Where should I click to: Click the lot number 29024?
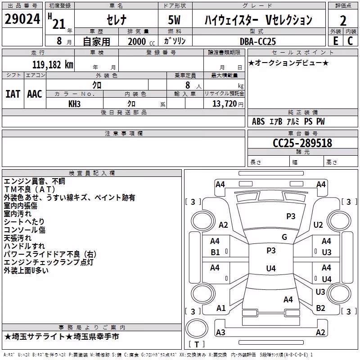[22, 19]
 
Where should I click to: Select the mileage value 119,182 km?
[53, 65]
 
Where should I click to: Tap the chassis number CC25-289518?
[302, 143]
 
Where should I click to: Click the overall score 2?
[343, 21]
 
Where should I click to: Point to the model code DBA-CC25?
[257, 41]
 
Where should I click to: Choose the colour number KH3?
[74, 104]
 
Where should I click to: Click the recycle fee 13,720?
[224, 104]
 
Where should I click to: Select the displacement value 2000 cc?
[141, 41]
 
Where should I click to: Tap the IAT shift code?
[13, 94]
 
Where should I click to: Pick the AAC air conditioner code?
[35, 94]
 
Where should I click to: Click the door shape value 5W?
[174, 20]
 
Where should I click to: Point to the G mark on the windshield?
[284, 237]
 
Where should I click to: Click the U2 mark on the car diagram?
[318, 225]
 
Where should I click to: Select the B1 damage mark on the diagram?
[215, 252]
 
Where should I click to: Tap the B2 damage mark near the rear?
[320, 308]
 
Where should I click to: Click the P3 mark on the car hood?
[291, 216]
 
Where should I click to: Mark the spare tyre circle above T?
[197, 328]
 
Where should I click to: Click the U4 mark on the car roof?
[271, 268]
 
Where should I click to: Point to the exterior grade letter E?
[335, 41]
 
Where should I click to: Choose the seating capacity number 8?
[188, 85]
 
